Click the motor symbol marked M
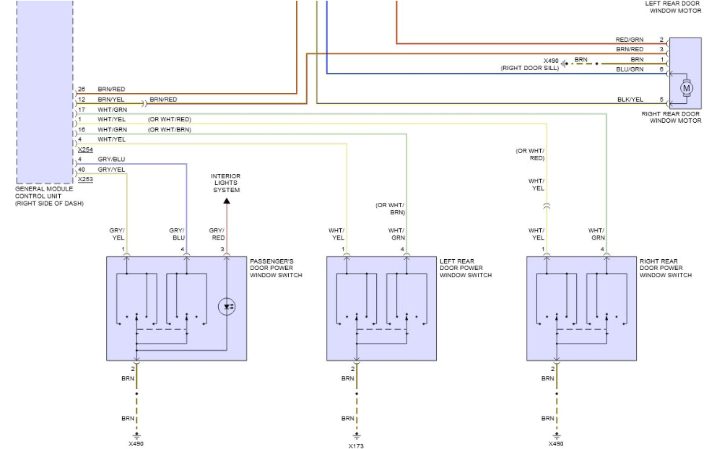tap(687, 88)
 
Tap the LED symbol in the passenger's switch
tap(229, 306)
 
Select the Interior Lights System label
tap(225, 183)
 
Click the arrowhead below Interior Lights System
tap(227, 201)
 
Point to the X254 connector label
tap(85, 149)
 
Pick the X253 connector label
tap(85, 178)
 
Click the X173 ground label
tap(356, 445)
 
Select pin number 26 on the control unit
tap(82, 89)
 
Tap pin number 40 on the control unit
tap(82, 169)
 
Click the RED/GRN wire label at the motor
tap(629, 40)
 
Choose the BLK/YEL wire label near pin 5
tap(630, 99)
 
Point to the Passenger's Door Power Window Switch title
tap(276, 268)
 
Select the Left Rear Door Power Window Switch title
tap(466, 268)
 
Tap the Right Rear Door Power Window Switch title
tap(666, 268)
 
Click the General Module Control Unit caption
tap(49, 196)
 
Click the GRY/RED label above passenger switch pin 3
tap(217, 234)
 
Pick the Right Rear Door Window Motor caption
tap(671, 117)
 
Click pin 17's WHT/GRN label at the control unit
tap(112, 109)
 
